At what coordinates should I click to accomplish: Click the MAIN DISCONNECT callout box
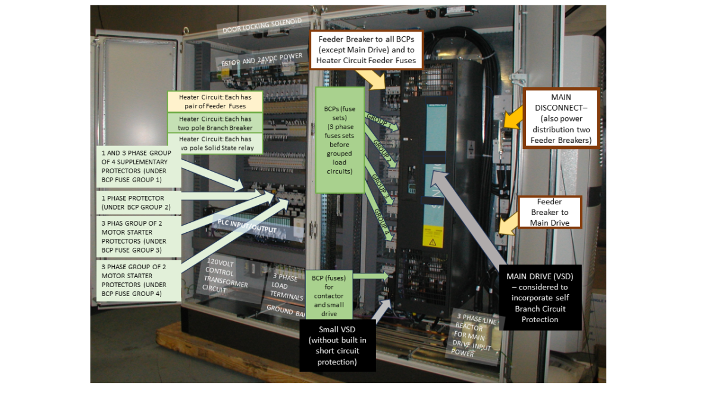[560, 118]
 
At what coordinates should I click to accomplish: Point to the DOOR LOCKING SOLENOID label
[262, 26]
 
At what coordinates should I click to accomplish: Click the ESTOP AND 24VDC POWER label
[261, 58]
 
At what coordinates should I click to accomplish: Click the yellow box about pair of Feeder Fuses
[215, 101]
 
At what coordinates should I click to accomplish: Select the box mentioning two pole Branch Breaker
[215, 123]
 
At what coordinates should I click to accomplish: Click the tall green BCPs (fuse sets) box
[339, 140]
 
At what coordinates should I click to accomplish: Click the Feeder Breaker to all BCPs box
[366, 51]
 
